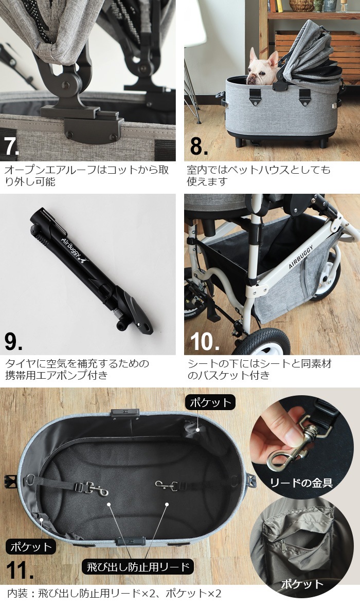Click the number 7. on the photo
point(12,145)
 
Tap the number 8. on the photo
point(199,145)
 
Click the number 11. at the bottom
point(20,571)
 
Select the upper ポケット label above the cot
point(211,402)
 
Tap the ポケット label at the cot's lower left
point(30,546)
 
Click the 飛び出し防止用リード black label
point(137,567)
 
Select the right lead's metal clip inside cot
point(166,485)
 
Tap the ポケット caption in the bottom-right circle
point(302,584)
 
